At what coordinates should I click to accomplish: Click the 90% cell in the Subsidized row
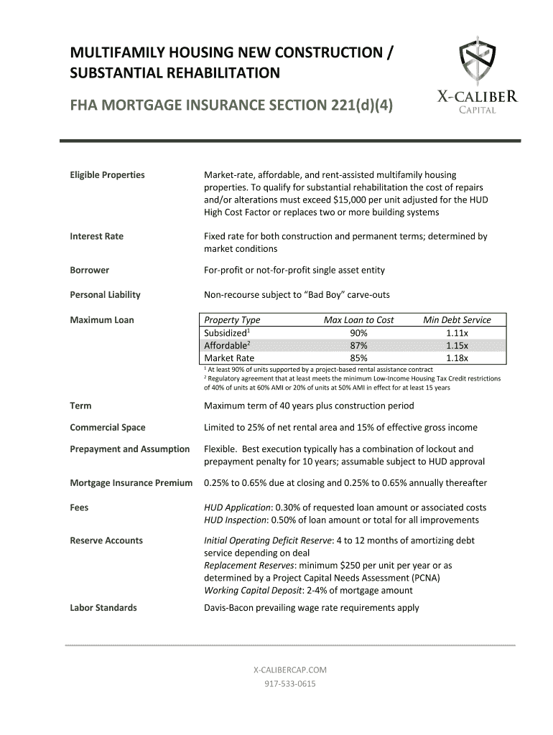358,333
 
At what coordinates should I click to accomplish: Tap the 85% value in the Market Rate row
358,357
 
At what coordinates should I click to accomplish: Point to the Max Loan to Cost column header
358,320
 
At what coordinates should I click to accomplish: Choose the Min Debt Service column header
457,320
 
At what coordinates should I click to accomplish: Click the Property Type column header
232,320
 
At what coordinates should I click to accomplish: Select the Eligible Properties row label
107,174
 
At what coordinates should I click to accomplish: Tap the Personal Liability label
105,294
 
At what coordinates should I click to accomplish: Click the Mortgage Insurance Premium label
131,483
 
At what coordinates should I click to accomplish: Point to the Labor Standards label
103,608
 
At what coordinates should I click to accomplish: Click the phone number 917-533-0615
290,684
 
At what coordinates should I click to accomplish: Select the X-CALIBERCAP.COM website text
290,670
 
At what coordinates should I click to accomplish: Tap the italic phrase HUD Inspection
237,520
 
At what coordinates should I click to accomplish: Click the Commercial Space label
108,427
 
